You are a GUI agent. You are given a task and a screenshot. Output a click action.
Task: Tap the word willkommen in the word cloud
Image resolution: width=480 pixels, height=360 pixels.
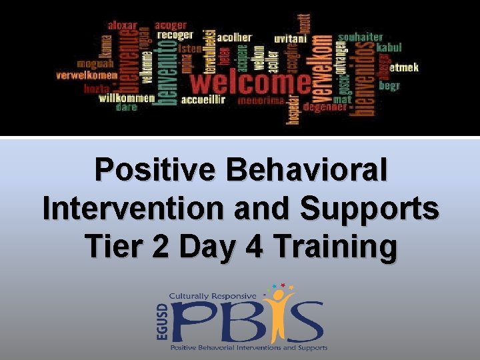tap(126, 97)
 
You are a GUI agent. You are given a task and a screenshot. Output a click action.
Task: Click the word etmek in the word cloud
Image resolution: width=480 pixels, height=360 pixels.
tap(403, 67)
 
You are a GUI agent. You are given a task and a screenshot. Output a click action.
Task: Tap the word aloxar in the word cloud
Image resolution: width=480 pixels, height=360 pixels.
tap(123, 25)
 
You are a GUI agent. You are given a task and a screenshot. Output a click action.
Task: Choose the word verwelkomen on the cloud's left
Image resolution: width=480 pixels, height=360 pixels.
tap(87, 76)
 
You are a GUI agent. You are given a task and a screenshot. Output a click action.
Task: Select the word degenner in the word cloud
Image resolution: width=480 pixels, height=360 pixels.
tap(325, 106)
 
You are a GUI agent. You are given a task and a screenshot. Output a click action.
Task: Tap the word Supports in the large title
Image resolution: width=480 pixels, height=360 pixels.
tap(369, 209)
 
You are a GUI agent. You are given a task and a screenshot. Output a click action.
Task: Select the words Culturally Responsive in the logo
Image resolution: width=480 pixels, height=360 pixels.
tap(213, 295)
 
